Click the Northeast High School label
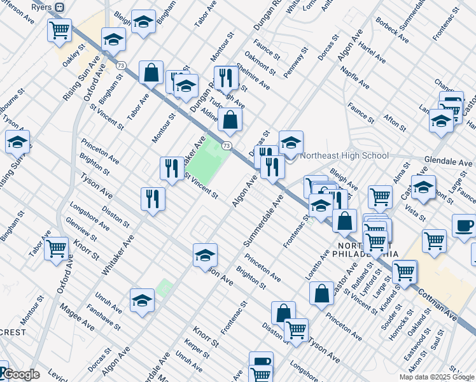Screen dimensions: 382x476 [x=344, y=155]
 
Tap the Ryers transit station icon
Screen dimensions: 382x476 [x=59, y=6]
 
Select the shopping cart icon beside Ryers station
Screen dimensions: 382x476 [x=59, y=29]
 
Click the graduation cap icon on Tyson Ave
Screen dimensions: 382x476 [x=205, y=255]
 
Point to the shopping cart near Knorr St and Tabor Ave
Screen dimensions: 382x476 [x=56, y=248]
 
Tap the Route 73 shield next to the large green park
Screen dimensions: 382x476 [x=226, y=146]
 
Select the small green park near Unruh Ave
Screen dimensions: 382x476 [x=164, y=288]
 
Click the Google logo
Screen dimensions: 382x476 [x=20, y=374]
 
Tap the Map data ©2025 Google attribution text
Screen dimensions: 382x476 [x=436, y=377]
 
